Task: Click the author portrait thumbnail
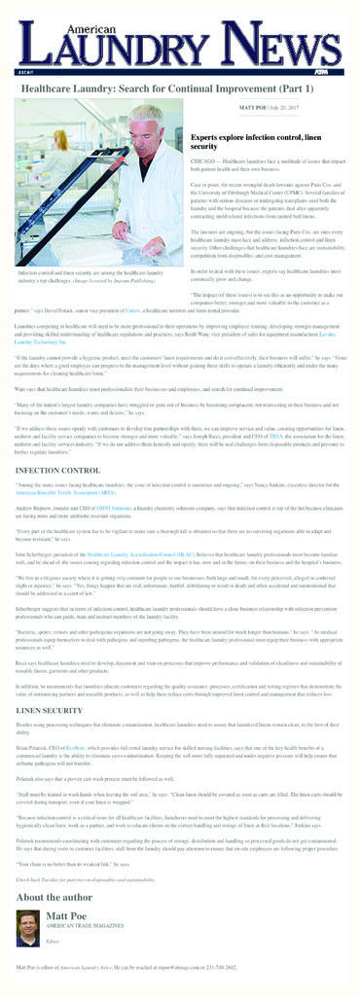point(28,928)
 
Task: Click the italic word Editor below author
point(53,941)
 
